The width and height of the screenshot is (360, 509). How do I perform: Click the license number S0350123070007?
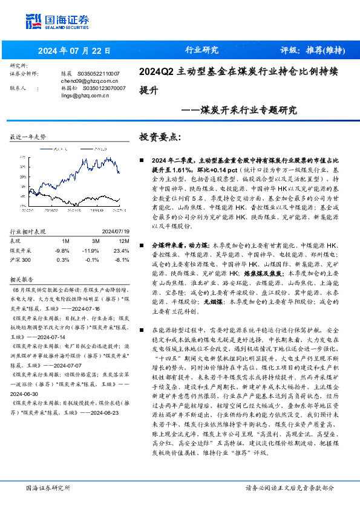103,87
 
